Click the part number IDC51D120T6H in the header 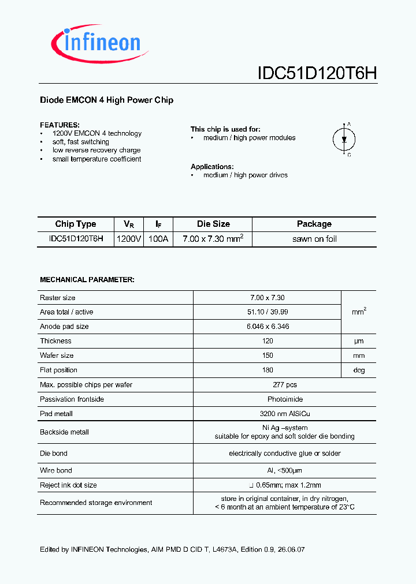click(317, 73)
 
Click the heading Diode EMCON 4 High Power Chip click(106, 100)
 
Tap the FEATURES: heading click(60, 125)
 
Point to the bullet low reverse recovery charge click(96, 150)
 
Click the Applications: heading click(212, 166)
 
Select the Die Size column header click(213, 224)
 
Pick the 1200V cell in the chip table click(129, 239)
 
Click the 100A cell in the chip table click(158, 239)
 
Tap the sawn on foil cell click(314, 239)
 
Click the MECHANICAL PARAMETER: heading click(87, 279)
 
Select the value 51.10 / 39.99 click(268, 312)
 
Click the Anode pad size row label click(64, 327)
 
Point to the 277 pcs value click(268, 385)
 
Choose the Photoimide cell click(268, 399)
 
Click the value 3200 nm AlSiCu click(268, 414)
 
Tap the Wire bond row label click(56, 471)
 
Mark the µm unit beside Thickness click(359, 342)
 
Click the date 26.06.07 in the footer click(291, 549)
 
